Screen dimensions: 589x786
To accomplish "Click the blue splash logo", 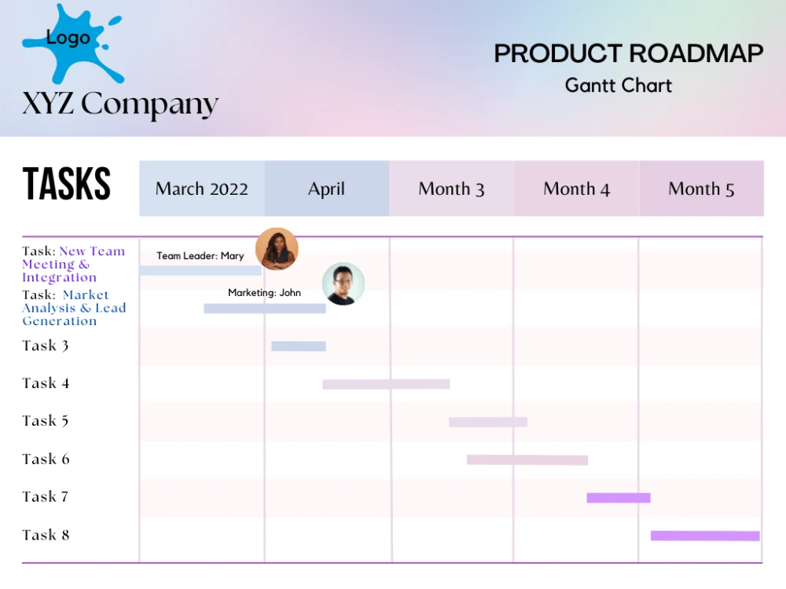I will click(71, 43).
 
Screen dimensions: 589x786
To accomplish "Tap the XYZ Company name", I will click(120, 104).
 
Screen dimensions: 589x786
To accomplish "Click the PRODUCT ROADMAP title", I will click(628, 53).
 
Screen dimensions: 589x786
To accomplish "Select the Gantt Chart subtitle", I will click(619, 85).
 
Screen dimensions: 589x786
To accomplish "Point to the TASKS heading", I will click(67, 185).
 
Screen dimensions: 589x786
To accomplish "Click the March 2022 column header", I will click(202, 188).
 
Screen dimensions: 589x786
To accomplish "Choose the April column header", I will click(326, 188).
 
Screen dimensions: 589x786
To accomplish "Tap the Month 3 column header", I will click(451, 188).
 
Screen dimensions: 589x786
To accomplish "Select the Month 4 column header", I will click(576, 188).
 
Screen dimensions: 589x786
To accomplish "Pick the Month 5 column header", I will click(701, 188).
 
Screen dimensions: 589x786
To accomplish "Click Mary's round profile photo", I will click(277, 249).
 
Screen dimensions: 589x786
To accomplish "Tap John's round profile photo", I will click(343, 284).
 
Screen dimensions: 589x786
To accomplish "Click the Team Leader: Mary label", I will click(200, 256).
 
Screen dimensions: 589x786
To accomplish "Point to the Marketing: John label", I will click(264, 293).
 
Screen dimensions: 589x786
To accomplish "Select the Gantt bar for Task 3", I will click(299, 346).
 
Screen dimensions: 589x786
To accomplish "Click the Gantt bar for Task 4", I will click(386, 384).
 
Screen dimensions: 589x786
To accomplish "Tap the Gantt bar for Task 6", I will click(527, 459).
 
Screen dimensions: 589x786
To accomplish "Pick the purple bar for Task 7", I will click(619, 498).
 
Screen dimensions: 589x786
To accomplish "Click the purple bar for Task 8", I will click(705, 536).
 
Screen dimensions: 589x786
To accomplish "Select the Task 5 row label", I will click(46, 421).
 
